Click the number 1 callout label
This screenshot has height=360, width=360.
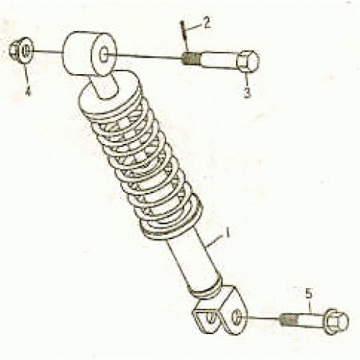[x=228, y=233]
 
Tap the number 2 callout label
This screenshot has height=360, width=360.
[x=206, y=23]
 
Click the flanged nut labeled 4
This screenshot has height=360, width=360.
[x=19, y=51]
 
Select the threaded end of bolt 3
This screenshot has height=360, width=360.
[x=191, y=57]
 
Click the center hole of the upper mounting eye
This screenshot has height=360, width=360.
[x=106, y=55]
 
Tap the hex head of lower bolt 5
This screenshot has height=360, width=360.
[x=334, y=321]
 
